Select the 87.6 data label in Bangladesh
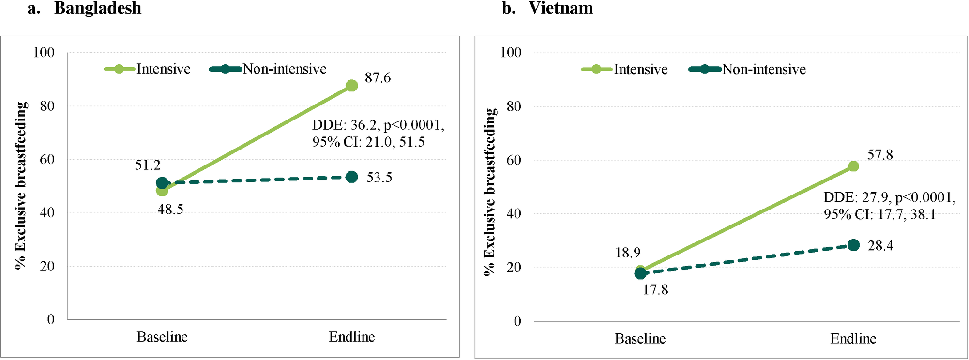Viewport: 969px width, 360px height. pyautogui.click(x=378, y=78)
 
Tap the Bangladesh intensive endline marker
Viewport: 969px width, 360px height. pyautogui.click(x=352, y=86)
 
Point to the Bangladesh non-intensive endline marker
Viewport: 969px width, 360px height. pyautogui.click(x=352, y=177)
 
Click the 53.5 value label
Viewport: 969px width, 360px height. pyautogui.click(x=379, y=178)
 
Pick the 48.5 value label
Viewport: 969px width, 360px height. pyautogui.click(x=170, y=210)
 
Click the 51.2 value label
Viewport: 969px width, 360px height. pyautogui.click(x=148, y=165)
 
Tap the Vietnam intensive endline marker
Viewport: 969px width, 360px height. pyautogui.click(x=853, y=166)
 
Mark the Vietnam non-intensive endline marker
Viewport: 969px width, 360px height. pyautogui.click(x=853, y=245)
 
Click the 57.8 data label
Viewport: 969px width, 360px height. pyautogui.click(x=880, y=155)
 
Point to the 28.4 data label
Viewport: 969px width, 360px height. pyautogui.click(x=880, y=246)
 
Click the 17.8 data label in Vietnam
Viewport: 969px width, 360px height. pyautogui.click(x=655, y=290)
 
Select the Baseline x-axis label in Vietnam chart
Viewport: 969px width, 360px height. pyautogui.click(x=640, y=339)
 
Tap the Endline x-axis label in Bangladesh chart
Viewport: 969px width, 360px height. pyautogui.click(x=352, y=337)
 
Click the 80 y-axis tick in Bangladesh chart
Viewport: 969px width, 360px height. pyautogui.click(x=47, y=106)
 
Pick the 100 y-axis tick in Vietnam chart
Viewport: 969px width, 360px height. pyautogui.click(x=511, y=52)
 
